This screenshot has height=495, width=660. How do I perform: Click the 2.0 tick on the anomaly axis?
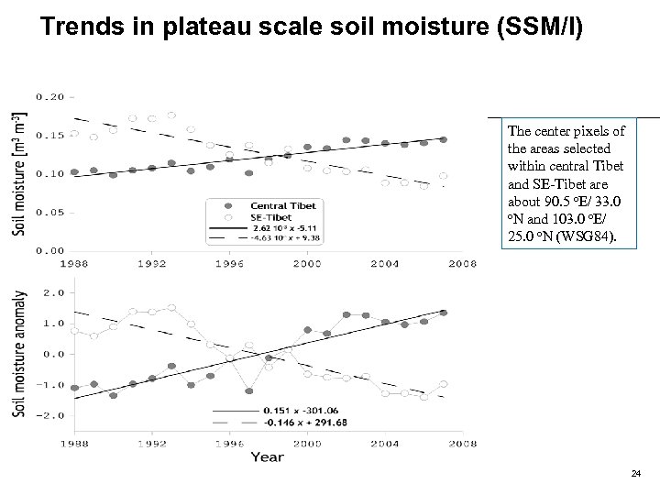pyautogui.click(x=52, y=292)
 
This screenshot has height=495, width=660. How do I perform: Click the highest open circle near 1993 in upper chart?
pyautogui.click(x=171, y=115)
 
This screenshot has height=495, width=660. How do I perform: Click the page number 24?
pyautogui.click(x=635, y=473)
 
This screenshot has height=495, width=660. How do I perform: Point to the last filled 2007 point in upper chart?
pyautogui.click(x=443, y=139)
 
